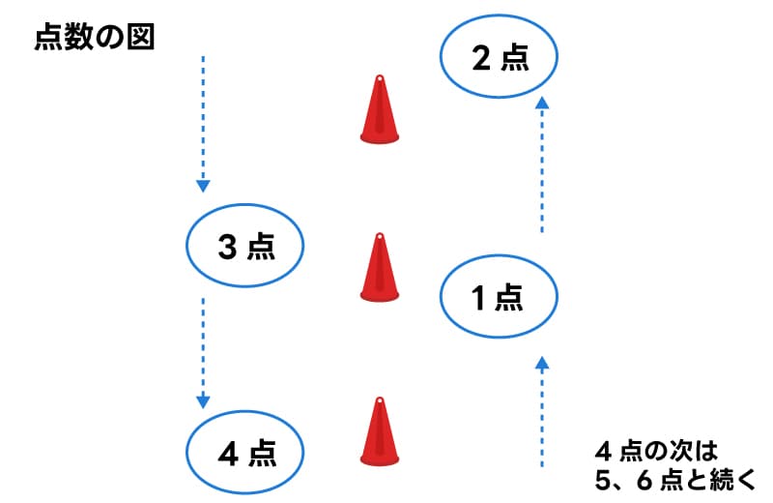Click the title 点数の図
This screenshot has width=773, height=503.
(94, 38)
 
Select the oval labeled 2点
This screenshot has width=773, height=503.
(500, 59)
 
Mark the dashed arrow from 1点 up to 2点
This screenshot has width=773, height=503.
(542, 164)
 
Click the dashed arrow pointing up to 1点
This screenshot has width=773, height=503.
(542, 411)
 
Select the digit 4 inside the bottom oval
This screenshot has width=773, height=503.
(227, 452)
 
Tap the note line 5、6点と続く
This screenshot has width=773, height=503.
(674, 478)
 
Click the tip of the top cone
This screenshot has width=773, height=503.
(380, 79)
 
